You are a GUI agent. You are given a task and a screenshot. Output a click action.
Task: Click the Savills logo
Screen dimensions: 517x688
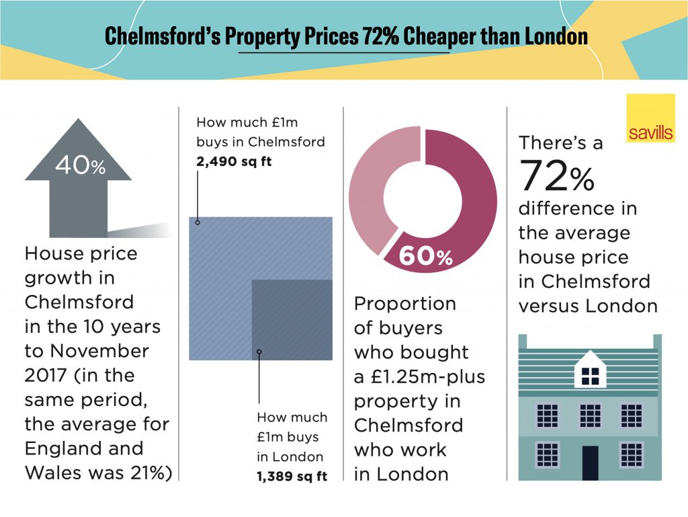[x=650, y=119]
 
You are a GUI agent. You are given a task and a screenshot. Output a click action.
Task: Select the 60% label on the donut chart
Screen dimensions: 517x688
[x=426, y=256]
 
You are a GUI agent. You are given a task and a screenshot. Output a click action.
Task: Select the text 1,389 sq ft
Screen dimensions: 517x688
[x=292, y=476]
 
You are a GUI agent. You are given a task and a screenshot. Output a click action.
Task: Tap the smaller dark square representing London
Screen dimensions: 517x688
[x=292, y=319]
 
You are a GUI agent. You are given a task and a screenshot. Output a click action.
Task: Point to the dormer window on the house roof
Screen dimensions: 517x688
[x=590, y=371]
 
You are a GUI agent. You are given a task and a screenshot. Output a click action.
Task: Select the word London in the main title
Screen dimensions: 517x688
[x=556, y=37]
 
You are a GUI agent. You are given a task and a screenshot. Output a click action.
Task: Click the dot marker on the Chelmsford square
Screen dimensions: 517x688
[x=198, y=221]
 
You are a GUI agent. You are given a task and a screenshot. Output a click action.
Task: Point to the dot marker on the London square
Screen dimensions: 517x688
[x=259, y=351]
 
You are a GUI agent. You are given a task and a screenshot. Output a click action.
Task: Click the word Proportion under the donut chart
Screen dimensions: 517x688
[x=405, y=304]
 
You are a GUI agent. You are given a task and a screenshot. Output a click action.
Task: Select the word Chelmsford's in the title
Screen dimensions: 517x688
[x=162, y=37]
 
